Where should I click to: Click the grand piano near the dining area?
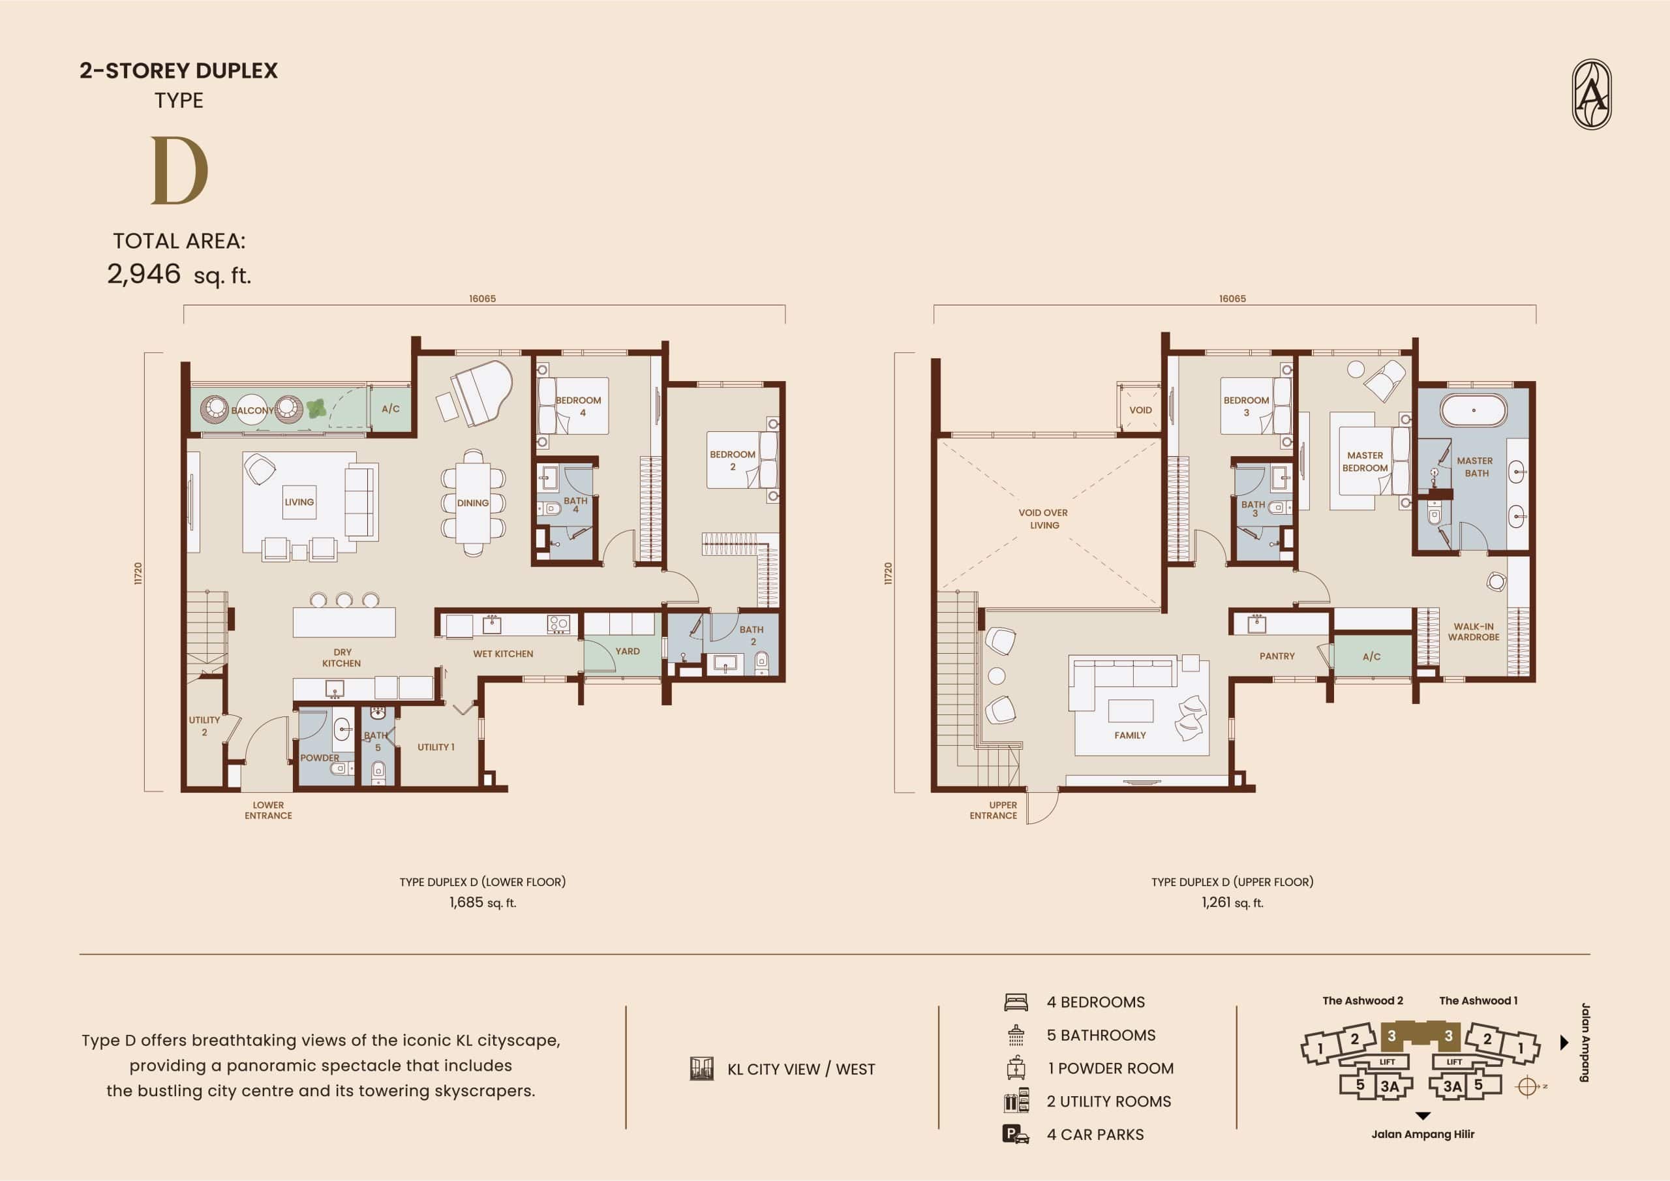click(x=481, y=393)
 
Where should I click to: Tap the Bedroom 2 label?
click(x=733, y=461)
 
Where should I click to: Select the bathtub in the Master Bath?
click(x=1474, y=410)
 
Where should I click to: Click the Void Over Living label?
click(x=1044, y=519)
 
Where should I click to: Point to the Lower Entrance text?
click(x=268, y=810)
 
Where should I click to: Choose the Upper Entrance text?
click(x=994, y=810)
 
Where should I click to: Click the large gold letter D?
click(x=179, y=170)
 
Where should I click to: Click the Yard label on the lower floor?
click(x=628, y=651)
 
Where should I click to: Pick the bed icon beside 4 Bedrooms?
click(x=1016, y=1002)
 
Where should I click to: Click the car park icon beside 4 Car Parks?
click(x=1016, y=1135)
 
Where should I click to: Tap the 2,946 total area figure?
click(x=144, y=274)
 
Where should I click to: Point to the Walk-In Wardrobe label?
click(x=1474, y=632)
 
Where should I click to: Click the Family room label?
click(x=1130, y=735)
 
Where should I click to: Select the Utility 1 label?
click(x=436, y=747)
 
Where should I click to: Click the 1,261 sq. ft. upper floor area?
click(x=1232, y=903)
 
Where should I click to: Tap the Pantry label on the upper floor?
click(x=1277, y=656)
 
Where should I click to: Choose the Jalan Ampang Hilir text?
click(x=1423, y=1135)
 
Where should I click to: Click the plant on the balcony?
click(x=316, y=408)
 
